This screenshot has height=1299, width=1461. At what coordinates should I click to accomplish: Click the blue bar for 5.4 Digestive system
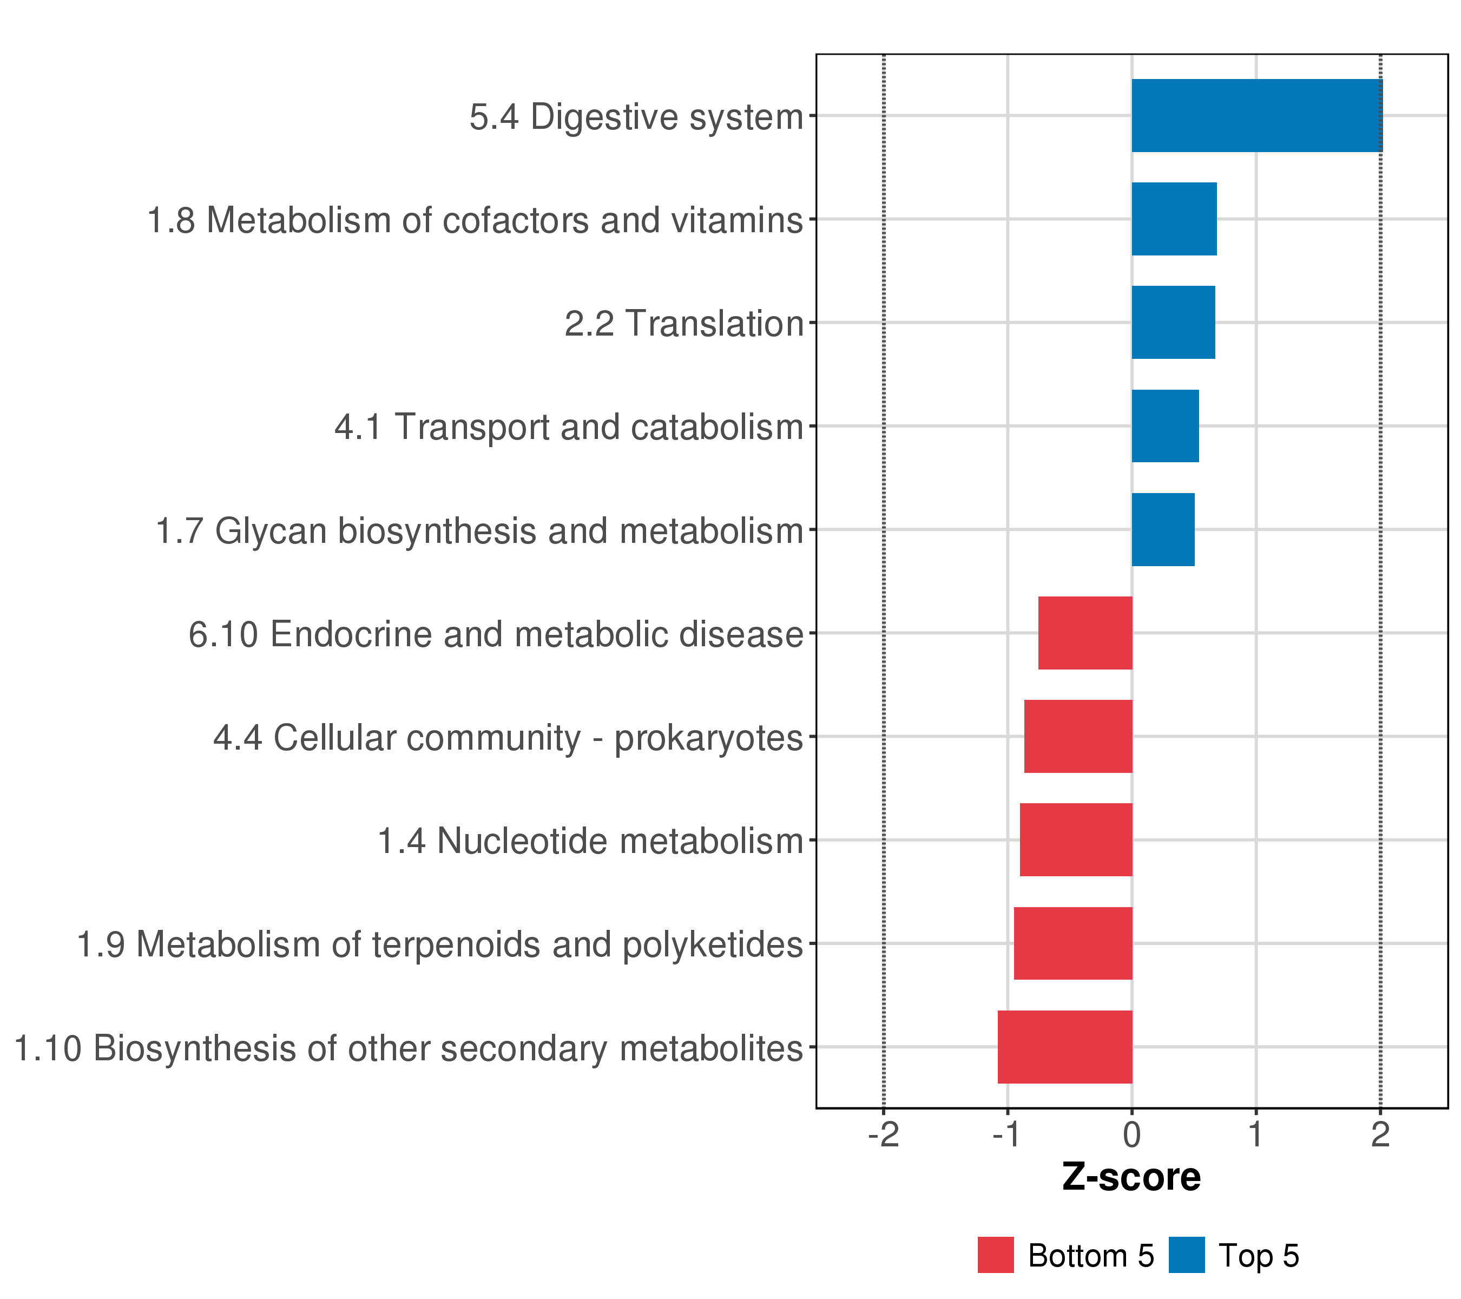pos(1256,115)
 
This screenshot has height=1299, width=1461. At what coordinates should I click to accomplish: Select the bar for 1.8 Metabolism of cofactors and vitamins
pos(1174,219)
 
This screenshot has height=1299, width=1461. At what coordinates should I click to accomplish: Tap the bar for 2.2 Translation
pos(1173,323)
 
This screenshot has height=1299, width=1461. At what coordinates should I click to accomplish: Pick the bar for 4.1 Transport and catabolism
pos(1165,426)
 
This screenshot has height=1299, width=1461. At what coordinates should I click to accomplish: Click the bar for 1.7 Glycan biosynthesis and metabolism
pos(1163,530)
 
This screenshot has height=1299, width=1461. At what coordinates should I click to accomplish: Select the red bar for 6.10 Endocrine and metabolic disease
pos(1085,633)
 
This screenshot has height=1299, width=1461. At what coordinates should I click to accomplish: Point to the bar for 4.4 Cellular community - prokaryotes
pos(1078,736)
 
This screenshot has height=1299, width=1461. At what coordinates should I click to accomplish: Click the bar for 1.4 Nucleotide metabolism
pos(1076,840)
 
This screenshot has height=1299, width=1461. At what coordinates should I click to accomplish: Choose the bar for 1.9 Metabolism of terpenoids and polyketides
pos(1073,944)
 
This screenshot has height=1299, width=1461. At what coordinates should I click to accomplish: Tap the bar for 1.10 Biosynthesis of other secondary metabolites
pos(1065,1047)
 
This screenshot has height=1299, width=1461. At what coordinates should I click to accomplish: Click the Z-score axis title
pos(1131,1177)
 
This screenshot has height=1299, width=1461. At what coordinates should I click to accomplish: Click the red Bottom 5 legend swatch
pos(996,1255)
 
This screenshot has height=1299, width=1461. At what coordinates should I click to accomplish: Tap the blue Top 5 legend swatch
pos(1187,1255)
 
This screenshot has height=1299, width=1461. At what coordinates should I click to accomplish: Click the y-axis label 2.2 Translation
pos(684,324)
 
